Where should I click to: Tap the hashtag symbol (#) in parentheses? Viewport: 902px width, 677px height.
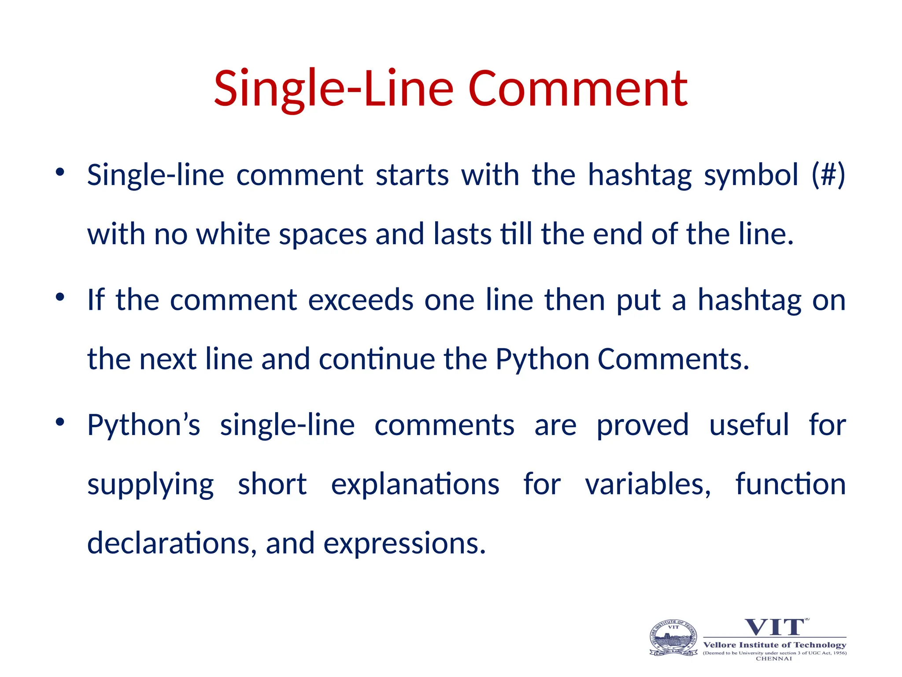(x=828, y=175)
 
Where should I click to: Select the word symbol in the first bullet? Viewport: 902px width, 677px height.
(x=751, y=175)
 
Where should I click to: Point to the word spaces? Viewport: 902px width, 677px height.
(x=323, y=235)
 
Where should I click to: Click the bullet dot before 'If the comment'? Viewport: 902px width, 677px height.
(x=60, y=297)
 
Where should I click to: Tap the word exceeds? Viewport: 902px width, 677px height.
(x=360, y=300)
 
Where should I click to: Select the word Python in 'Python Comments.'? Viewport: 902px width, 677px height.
(x=542, y=359)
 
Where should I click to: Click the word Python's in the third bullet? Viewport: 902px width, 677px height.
(x=144, y=425)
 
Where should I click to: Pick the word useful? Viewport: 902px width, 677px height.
(x=749, y=425)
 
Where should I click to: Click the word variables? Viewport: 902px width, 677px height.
(x=648, y=484)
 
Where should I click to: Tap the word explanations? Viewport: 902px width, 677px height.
(x=415, y=484)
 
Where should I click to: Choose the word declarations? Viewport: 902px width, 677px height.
(x=172, y=543)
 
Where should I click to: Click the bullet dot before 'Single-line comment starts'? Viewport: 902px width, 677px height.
(x=60, y=172)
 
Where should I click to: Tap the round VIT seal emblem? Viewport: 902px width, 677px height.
(x=673, y=638)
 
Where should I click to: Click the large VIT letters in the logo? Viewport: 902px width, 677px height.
(x=774, y=627)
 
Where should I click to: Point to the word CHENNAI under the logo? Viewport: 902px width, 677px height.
(x=774, y=659)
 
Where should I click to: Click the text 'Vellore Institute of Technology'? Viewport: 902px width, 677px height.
(x=774, y=645)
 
